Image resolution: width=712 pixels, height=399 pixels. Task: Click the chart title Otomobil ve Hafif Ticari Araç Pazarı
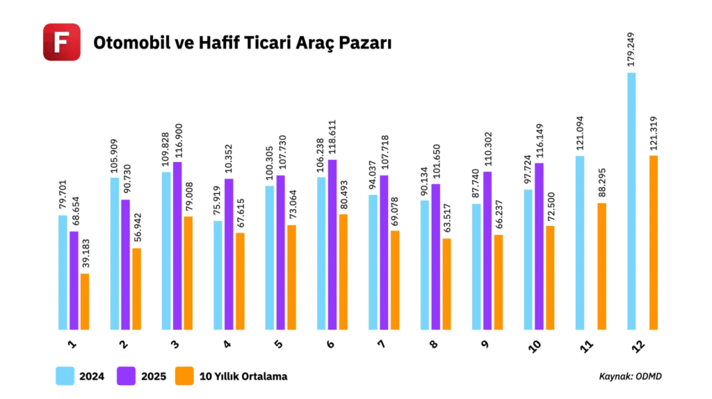[243, 43]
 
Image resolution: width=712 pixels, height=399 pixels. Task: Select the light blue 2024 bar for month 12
[631, 201]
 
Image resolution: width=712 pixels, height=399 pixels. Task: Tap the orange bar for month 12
[653, 243]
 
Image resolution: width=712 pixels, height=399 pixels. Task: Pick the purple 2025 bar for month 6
[332, 245]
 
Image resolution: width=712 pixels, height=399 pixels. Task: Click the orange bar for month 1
[85, 302]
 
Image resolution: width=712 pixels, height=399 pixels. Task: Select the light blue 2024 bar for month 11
[580, 243]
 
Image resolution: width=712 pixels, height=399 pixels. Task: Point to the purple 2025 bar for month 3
[178, 245]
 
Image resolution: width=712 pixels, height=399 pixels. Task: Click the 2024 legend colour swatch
[65, 376]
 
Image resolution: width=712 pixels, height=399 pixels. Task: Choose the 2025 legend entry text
[154, 377]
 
